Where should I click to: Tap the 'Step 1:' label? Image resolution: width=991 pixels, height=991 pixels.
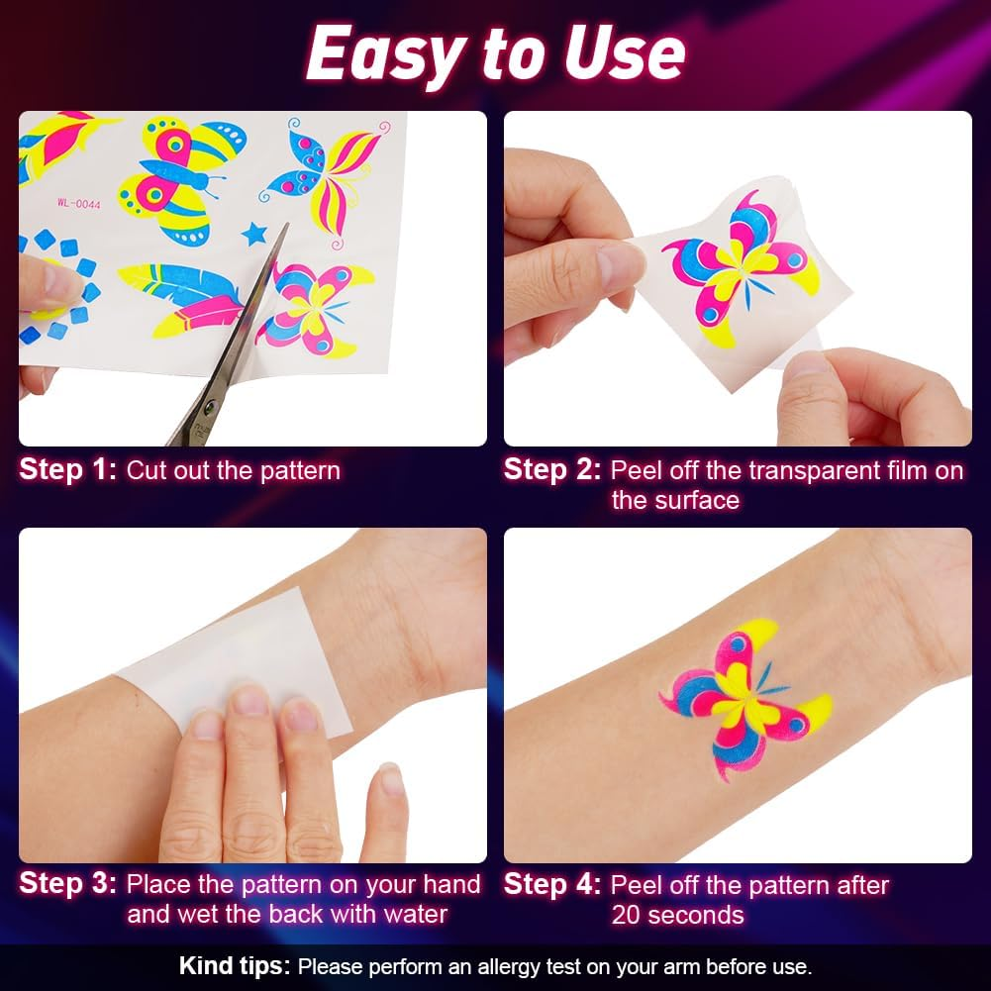pyautogui.click(x=67, y=469)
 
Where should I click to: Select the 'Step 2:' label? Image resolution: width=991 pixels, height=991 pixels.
pyautogui.click(x=551, y=469)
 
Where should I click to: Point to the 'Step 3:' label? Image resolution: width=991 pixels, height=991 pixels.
pyautogui.click(x=67, y=884)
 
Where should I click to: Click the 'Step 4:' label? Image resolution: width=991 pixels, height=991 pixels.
pyautogui.click(x=551, y=884)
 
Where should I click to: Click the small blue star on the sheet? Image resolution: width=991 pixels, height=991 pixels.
pyautogui.click(x=254, y=234)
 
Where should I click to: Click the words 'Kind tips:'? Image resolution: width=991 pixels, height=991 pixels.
pyautogui.click(x=234, y=965)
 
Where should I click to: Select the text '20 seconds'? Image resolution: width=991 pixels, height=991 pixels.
pyautogui.click(x=677, y=915)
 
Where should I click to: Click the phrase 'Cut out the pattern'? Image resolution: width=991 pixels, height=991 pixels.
pyautogui.click(x=233, y=470)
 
